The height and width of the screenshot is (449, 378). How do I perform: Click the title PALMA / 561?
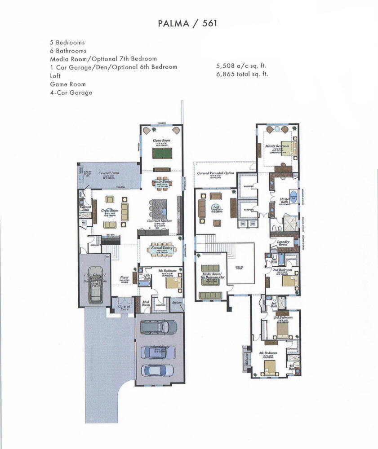pos(189,23)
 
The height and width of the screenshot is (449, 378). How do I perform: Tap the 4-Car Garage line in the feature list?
pos(71,92)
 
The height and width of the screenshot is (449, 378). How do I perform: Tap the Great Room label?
pos(110,210)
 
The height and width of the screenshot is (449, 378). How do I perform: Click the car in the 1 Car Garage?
pos(96,292)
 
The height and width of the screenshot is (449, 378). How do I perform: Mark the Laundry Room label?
pos(283,243)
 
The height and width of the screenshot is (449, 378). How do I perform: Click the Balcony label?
pos(246,359)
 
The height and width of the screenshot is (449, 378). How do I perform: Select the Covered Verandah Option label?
pos(215,173)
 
